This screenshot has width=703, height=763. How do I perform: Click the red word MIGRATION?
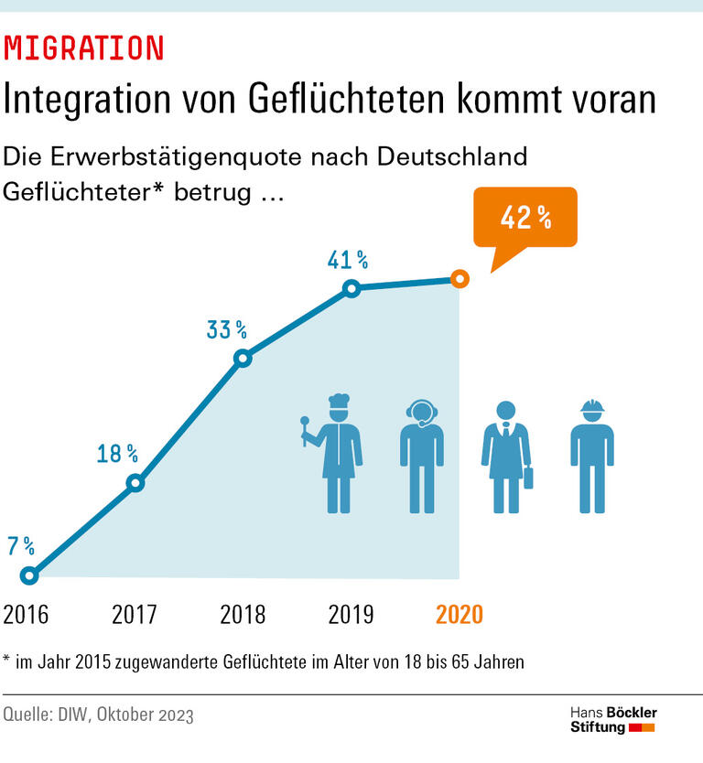point(84,48)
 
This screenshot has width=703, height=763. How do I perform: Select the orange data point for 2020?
point(460,279)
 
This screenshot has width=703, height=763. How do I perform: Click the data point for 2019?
point(351,289)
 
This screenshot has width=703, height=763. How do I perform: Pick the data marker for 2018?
point(243,359)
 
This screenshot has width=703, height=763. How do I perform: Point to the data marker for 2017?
point(135,483)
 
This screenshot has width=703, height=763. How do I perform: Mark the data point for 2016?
point(29,575)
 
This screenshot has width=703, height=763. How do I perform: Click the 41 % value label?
point(348,261)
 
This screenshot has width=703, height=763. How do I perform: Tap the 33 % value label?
point(226,329)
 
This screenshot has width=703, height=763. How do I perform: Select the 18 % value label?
point(117,453)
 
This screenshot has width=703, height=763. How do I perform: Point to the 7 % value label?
point(21,547)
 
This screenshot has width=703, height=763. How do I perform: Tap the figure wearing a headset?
point(422,456)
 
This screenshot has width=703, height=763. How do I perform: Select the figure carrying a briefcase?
point(506,456)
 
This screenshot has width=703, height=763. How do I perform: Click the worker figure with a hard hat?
point(591,456)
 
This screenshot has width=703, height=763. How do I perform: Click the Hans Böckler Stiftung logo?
point(612,720)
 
